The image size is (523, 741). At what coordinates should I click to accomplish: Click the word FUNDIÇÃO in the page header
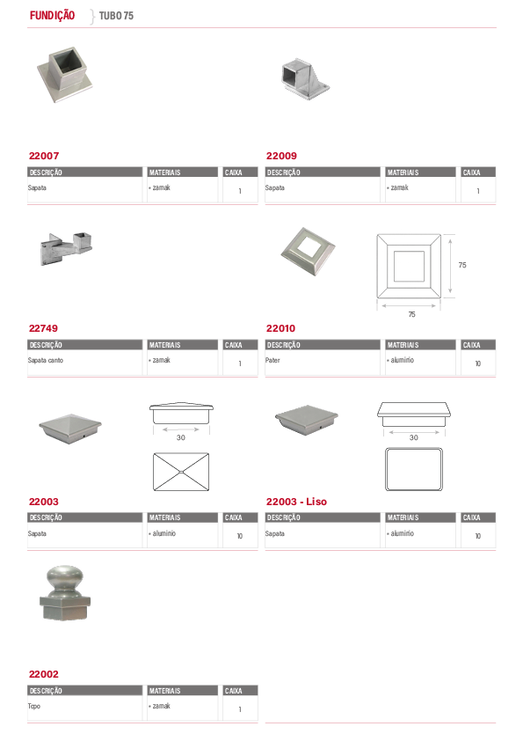tap(52, 16)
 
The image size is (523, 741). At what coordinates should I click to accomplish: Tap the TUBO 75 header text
tap(116, 16)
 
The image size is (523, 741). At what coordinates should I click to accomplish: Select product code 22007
tap(44, 156)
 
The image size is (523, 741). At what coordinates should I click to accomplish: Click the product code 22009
tap(281, 156)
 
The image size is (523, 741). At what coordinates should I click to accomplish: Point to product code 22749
tap(43, 328)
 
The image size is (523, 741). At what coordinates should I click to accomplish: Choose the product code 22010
tap(281, 328)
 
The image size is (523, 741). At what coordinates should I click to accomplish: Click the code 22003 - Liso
tap(296, 502)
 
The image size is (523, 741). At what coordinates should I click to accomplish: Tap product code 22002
tap(43, 674)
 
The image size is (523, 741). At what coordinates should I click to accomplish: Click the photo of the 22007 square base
tap(65, 74)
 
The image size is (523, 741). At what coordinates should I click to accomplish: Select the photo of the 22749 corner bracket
tap(66, 248)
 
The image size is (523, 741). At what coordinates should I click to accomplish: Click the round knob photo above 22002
tap(65, 593)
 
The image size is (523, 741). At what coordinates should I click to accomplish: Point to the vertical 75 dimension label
tap(462, 265)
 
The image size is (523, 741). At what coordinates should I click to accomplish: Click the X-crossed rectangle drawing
tap(181, 472)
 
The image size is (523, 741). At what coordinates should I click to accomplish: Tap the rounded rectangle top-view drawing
tap(414, 469)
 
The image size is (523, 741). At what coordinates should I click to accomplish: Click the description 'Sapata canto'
tap(46, 361)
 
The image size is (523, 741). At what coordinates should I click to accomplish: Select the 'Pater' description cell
tap(272, 361)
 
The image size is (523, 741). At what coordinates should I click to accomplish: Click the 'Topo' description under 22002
tap(34, 707)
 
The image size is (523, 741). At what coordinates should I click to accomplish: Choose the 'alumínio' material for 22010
tap(403, 360)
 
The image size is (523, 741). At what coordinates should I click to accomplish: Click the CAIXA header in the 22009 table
tap(471, 172)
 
